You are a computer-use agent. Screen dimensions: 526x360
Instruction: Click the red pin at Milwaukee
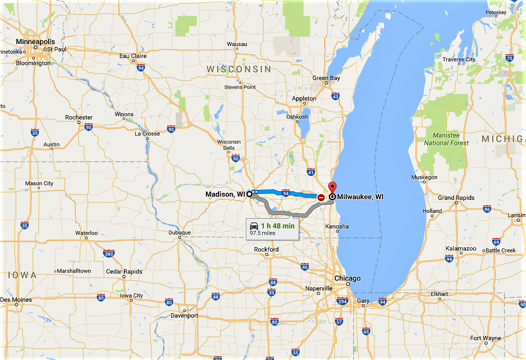pos(332,187)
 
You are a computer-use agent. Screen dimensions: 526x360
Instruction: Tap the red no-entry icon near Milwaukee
pos(321,197)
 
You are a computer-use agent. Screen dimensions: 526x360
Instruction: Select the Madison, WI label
pos(225,194)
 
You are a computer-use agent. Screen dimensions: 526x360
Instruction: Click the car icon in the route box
pos(254,226)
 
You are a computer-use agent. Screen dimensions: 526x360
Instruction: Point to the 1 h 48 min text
pos(278,226)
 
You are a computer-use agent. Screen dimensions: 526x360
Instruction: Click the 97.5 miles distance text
pos(263,233)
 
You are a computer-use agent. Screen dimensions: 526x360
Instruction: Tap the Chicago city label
pos(347,279)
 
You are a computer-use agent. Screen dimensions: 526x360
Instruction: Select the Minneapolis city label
pos(35,41)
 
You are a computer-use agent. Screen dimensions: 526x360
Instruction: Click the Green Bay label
pos(326,78)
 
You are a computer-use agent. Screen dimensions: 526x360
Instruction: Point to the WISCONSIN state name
pos(239,69)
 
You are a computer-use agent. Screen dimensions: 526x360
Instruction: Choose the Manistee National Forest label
pos(446,139)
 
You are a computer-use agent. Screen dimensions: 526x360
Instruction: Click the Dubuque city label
pos(179,232)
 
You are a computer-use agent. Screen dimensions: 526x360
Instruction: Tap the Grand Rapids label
pos(456,198)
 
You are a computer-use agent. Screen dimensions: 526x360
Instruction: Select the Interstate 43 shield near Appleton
pos(335,96)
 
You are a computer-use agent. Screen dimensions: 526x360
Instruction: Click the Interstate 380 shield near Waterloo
pos(109,253)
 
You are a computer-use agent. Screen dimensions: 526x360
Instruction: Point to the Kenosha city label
pos(337,226)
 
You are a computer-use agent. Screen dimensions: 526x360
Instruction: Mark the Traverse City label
pos(459,59)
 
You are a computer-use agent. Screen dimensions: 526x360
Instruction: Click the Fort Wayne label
pos(486,338)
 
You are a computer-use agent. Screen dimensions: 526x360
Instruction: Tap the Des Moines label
pos(16,300)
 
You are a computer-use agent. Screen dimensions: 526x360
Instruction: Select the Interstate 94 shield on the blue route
pos(286,194)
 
